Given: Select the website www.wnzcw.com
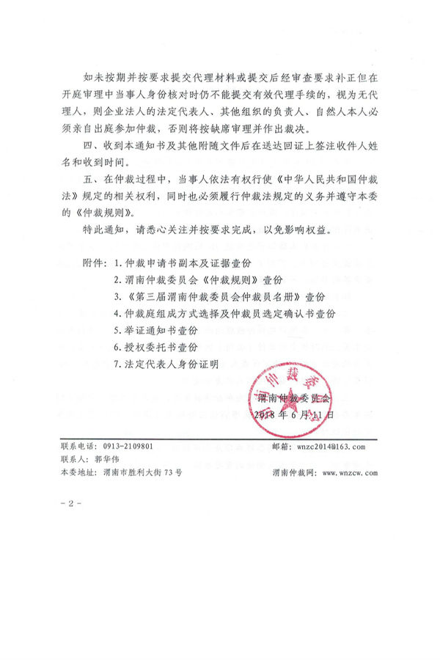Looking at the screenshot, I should (348, 473).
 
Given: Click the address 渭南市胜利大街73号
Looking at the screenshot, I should (143, 473).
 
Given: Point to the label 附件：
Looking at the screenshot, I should (94, 263).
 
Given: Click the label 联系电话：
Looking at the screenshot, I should (78, 446).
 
